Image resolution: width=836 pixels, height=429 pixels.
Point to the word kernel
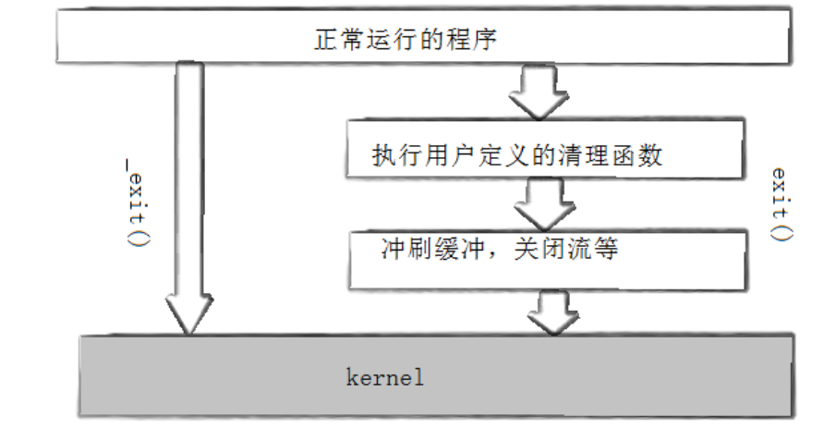pos(384,377)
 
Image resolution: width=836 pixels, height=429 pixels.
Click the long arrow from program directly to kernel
pos(188,185)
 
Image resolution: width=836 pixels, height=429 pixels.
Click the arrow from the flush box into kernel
pos(551,311)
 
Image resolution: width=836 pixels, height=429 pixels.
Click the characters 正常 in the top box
pos(332,40)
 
